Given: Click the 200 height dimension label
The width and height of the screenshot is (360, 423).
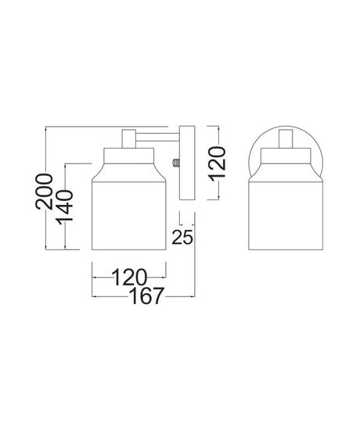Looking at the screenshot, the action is pyautogui.click(x=44, y=192).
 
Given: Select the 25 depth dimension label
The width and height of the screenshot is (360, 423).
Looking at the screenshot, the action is pyautogui.click(x=182, y=237).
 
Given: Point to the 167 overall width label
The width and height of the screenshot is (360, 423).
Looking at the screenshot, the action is pyautogui.click(x=147, y=296).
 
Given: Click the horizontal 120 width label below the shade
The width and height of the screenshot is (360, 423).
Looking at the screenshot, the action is pyautogui.click(x=129, y=278).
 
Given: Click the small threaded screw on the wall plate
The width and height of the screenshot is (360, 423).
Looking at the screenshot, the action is pyautogui.click(x=176, y=163).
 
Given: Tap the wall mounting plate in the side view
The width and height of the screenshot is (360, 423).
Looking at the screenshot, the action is pyautogui.click(x=187, y=163).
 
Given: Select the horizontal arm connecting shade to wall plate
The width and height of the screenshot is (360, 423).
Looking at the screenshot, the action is pyautogui.click(x=157, y=137).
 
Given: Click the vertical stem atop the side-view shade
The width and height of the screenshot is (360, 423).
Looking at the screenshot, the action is pyautogui.click(x=129, y=139).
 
